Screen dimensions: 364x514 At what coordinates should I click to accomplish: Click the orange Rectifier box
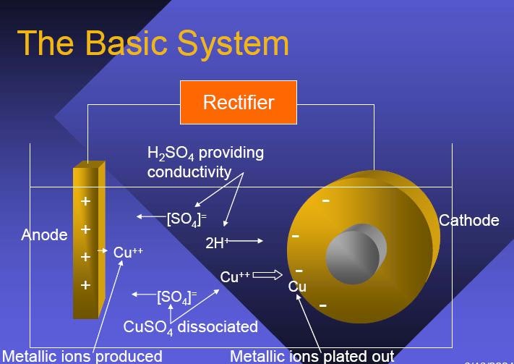tap(238, 102)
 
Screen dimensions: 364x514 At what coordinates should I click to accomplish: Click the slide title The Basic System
tap(153, 43)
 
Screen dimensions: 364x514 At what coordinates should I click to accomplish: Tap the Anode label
tap(44, 234)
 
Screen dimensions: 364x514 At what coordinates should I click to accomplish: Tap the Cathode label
tap(468, 220)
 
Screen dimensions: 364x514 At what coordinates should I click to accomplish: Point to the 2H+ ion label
tap(216, 243)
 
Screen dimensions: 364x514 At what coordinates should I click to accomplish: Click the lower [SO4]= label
tap(176, 296)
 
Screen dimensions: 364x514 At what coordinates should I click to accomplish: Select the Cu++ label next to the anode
tap(128, 253)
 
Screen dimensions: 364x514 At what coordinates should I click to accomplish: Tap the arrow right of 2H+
tap(247, 241)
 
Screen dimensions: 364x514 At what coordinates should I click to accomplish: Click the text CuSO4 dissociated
tap(190, 326)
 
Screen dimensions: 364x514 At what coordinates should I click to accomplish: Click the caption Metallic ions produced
tap(82, 356)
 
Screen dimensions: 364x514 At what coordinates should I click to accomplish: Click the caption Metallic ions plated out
tap(312, 356)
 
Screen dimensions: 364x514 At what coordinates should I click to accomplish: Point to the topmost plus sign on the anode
tap(85, 201)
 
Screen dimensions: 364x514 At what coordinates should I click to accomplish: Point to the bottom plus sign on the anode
tap(85, 285)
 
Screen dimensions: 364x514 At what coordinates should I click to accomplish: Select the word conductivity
tap(189, 172)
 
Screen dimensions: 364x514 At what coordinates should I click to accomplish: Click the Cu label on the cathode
tap(297, 287)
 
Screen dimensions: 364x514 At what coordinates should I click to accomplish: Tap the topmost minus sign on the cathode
tap(326, 200)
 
